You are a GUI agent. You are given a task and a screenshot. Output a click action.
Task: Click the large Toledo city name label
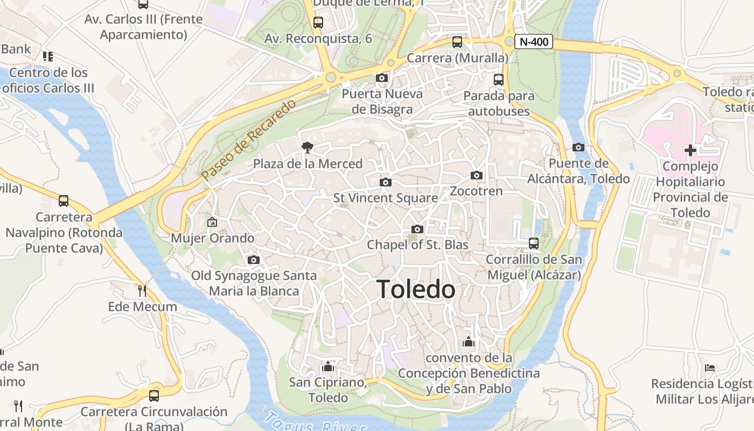click(416, 289)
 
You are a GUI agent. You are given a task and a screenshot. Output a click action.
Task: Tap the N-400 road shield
click(533, 41)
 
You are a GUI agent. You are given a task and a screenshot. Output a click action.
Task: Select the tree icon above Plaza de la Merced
click(307, 147)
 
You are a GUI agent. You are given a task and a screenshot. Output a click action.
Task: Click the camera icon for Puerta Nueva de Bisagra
click(382, 78)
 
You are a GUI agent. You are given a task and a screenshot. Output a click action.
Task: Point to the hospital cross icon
click(690, 150)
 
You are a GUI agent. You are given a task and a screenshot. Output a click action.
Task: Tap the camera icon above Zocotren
click(476, 175)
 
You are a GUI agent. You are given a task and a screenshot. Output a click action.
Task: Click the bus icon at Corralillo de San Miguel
click(533, 244)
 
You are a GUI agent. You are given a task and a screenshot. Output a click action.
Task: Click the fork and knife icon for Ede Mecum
click(142, 291)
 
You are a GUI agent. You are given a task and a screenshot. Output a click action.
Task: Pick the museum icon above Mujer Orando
click(212, 222)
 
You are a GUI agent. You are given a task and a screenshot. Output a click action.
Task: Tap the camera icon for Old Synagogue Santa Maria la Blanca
click(254, 260)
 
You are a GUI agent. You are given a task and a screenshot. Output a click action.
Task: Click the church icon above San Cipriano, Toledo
click(327, 367)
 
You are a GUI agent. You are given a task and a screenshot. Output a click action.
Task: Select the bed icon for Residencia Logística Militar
click(710, 368)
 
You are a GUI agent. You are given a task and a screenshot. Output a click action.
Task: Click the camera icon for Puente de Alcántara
click(578, 147)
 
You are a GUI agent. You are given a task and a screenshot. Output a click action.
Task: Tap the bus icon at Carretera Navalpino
click(64, 201)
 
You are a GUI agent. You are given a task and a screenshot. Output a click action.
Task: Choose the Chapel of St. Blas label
click(417, 245)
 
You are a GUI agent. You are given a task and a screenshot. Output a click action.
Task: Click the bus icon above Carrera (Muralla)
click(457, 41)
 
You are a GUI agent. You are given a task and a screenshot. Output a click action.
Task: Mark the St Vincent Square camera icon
click(385, 182)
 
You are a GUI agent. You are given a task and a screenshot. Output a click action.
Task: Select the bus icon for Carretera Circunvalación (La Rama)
click(154, 395)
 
